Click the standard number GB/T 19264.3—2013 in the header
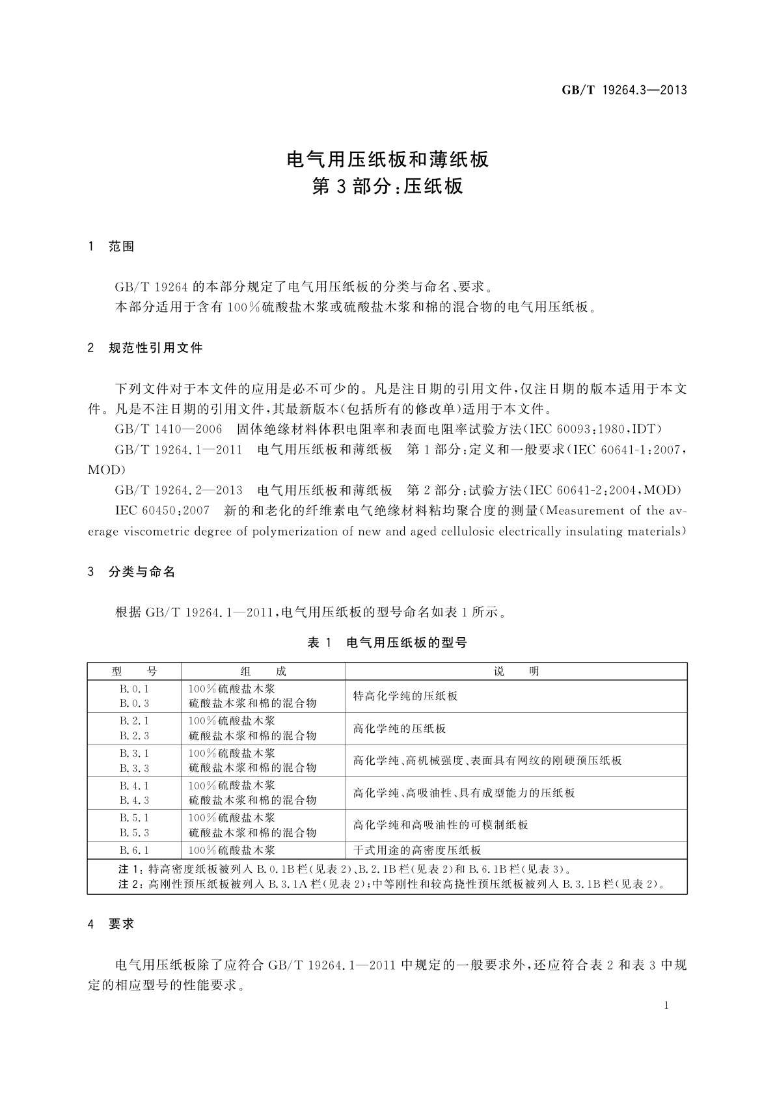[624, 90]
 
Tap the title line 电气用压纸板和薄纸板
[388, 159]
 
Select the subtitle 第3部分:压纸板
[388, 187]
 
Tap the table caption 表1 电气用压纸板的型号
[387, 643]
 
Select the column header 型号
[134, 672]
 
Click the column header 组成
[263, 672]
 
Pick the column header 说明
[516, 672]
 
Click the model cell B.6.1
[134, 850]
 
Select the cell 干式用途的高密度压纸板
[417, 850]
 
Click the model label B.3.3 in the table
[134, 768]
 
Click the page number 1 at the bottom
[667, 1005]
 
